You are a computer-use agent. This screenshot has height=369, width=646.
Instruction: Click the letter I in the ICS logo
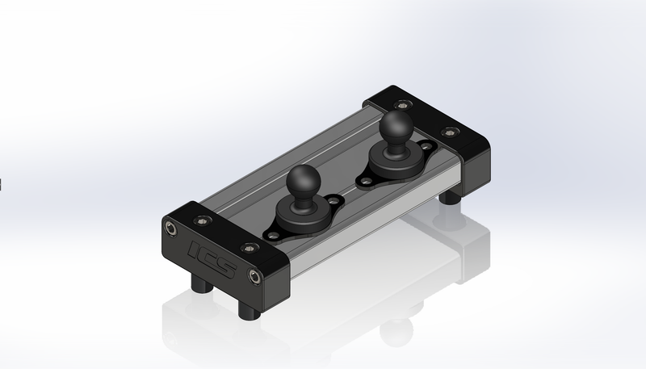(x=195, y=249)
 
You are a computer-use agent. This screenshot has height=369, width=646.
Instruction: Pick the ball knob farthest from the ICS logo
(x=396, y=126)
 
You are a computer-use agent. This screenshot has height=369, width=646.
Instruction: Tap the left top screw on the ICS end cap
(x=202, y=220)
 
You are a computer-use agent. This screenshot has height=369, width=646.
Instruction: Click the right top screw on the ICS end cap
(x=250, y=248)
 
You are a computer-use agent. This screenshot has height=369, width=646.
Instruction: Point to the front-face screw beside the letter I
(x=171, y=228)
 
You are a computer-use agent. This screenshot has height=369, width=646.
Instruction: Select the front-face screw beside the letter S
(x=255, y=276)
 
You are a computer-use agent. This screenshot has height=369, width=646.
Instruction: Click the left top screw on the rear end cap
(x=402, y=105)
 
